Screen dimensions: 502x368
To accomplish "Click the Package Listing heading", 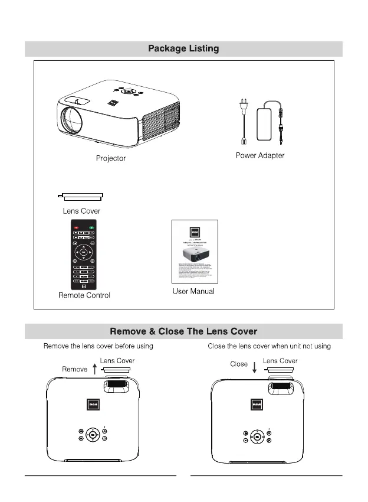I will [x=183, y=48].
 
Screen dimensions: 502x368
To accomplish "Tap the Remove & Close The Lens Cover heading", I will [x=183, y=331].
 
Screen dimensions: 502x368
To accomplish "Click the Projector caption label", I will [x=111, y=158].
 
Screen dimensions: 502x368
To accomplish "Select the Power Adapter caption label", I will [x=260, y=155].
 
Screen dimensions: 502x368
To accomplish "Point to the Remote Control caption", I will [x=84, y=295].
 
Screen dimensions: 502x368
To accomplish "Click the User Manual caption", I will [x=193, y=291].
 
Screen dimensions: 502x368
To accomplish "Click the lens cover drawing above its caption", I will [x=81, y=197].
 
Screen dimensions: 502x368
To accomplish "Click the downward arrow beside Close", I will [x=254, y=367].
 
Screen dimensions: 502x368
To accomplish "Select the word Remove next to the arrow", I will [x=75, y=369].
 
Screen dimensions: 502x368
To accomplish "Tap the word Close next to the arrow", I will [x=239, y=364].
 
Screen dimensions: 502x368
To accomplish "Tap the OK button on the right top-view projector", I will [x=257, y=437].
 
